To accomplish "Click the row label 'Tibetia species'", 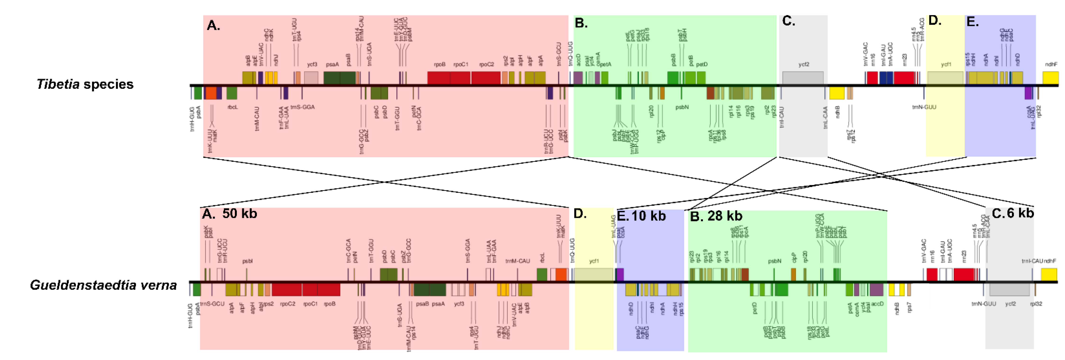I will [x=85, y=84].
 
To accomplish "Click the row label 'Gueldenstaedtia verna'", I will [x=103, y=285].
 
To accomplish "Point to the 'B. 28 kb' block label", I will [x=716, y=216].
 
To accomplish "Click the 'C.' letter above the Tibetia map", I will [x=788, y=21].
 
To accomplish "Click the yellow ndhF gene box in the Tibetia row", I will [x=1050, y=77].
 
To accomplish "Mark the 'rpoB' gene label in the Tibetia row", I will [x=439, y=64].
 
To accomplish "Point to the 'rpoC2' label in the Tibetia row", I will [x=487, y=64].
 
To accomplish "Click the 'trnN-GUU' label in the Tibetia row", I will [x=924, y=107].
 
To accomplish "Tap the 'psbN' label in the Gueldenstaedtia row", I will [x=774, y=261].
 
